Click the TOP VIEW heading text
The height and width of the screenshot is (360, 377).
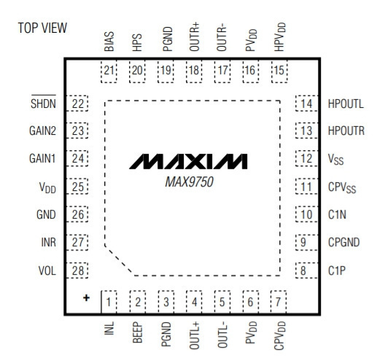tap(42, 28)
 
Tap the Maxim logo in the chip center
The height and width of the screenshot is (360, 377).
tap(188, 161)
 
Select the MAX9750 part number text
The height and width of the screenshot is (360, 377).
tap(189, 181)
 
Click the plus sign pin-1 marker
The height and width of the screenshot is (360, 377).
tap(86, 298)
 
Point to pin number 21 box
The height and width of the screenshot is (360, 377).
tap(109, 71)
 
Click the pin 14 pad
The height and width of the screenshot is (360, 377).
tap(307, 103)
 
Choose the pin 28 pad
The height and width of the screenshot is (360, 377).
tap(77, 270)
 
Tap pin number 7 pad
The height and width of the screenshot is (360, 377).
tap(279, 302)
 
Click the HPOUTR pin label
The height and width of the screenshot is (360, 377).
tap(346, 131)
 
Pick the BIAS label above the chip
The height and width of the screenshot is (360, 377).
tap(109, 42)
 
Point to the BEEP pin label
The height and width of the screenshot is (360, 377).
tap(137, 332)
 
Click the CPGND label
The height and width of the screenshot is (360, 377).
tap(343, 242)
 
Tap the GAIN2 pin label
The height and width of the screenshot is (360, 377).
tap(42, 130)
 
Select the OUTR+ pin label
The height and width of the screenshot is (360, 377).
tap(194, 37)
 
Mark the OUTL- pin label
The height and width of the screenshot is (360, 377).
tap(222, 336)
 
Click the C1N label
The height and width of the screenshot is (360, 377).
tap(337, 214)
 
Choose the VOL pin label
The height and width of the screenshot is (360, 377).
tap(47, 270)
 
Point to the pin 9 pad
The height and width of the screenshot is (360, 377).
tap(307, 242)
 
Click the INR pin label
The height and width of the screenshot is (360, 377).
tap(49, 242)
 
